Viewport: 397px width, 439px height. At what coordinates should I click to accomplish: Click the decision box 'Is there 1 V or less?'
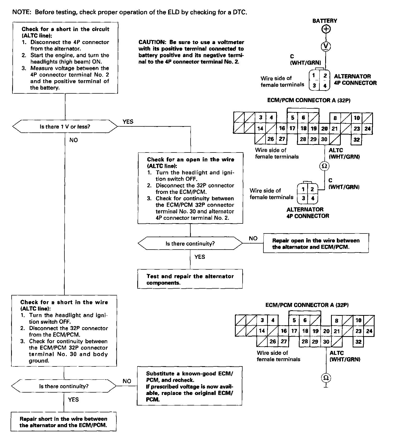[65, 127]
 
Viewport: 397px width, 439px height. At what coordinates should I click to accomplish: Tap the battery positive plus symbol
[326, 29]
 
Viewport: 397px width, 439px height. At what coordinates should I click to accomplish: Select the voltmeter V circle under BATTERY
[326, 46]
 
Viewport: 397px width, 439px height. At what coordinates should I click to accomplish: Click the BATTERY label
[325, 21]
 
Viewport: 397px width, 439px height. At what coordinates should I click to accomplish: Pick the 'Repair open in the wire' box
[316, 244]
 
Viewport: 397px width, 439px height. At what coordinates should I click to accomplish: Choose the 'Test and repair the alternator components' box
[190, 279]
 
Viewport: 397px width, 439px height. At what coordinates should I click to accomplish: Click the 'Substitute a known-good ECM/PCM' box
[190, 386]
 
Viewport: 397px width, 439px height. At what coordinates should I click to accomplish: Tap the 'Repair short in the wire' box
[64, 422]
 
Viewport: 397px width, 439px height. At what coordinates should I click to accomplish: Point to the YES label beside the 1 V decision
[128, 122]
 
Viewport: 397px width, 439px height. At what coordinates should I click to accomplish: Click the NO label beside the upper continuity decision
[253, 238]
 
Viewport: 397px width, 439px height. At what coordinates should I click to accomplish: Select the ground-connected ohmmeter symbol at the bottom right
[326, 378]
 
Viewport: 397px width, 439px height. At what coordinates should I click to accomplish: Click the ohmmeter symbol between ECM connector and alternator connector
[324, 166]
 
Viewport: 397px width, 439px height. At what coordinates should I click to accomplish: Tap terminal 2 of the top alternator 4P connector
[325, 76]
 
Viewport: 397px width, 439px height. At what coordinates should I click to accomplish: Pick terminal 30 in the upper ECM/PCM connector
[324, 139]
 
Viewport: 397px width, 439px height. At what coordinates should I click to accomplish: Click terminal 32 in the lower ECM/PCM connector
[358, 342]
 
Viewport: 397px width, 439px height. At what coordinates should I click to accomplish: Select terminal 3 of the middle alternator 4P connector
[303, 198]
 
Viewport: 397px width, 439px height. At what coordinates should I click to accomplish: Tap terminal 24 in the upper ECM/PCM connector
[367, 129]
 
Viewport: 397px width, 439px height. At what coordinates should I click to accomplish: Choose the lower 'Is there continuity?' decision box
[64, 386]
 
